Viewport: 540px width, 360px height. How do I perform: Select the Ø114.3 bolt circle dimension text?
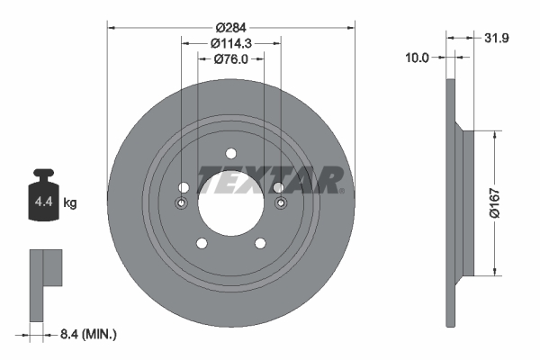230,42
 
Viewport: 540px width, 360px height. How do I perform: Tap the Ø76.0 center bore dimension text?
230,59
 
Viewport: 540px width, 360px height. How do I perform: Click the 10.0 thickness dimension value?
418,57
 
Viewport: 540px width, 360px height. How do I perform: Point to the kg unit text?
70,204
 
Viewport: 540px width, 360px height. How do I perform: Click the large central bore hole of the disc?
230,201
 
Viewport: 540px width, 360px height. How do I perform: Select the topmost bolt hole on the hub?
230,152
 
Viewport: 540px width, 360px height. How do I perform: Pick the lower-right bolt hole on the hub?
259,241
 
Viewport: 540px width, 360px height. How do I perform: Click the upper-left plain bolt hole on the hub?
184,187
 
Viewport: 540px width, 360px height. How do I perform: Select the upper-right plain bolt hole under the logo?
277,187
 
